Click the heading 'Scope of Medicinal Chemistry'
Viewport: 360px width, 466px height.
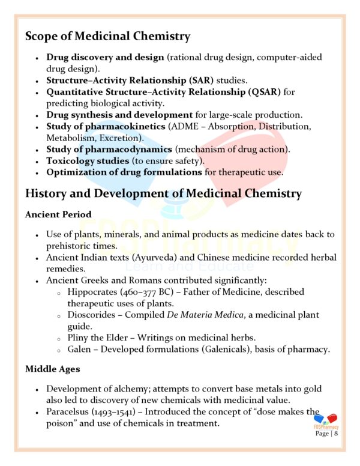pos(107,36)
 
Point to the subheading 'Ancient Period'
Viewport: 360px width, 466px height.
pos(58,214)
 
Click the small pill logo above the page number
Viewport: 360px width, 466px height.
pos(326,420)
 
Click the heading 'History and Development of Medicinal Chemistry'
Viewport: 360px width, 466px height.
pos(163,193)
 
